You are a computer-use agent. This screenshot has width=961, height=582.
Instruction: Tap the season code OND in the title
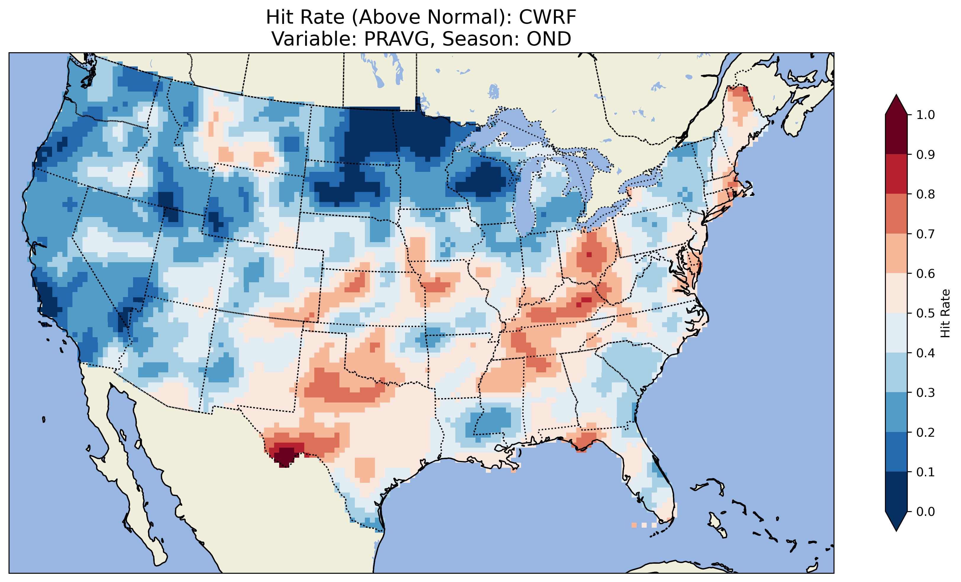coord(549,39)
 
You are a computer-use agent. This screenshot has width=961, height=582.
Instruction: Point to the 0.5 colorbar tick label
coord(926,313)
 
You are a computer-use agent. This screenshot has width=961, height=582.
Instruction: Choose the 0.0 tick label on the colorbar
coord(926,511)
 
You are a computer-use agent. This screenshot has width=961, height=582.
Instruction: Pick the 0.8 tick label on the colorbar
coord(926,194)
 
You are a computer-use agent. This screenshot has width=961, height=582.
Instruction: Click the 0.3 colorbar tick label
coord(926,393)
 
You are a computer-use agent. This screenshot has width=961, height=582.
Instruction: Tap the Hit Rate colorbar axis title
coord(945,313)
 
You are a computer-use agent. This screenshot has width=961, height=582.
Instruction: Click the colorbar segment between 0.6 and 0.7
coord(896,254)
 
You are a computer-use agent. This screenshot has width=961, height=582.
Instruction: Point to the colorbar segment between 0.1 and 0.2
coord(896,452)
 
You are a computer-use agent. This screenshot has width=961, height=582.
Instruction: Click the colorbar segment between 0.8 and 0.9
coord(896,174)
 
